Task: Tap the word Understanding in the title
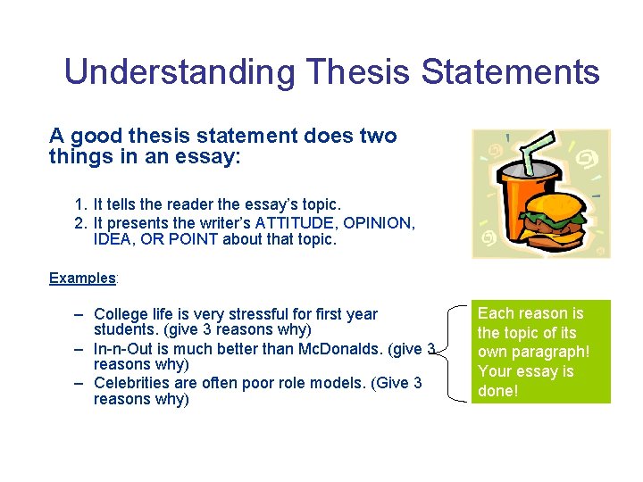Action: point(179,71)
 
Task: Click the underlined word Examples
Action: point(82,278)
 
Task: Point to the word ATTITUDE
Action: point(292,222)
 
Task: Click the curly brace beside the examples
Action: point(455,352)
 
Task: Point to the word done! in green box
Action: point(498,391)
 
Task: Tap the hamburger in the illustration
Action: point(554,219)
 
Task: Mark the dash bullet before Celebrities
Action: point(79,383)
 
